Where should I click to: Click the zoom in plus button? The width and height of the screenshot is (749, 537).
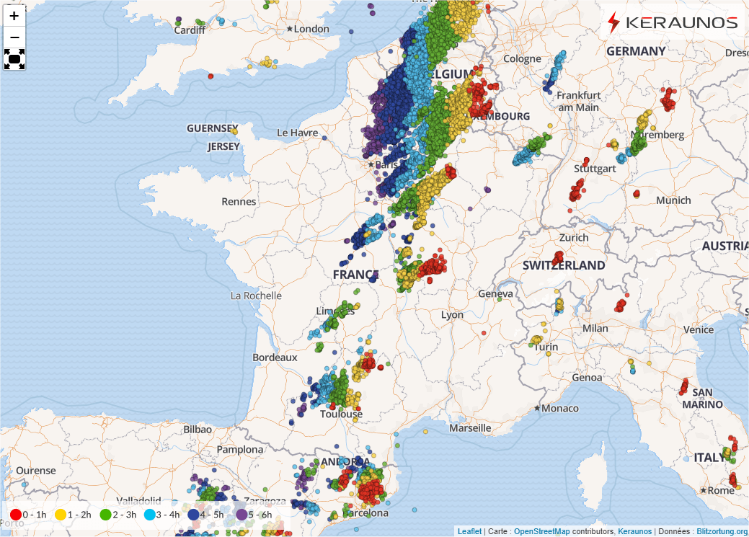(14, 16)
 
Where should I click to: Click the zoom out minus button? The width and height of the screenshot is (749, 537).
(14, 37)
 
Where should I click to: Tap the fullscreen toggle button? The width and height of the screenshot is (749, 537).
(14, 58)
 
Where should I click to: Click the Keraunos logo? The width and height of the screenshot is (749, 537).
(673, 22)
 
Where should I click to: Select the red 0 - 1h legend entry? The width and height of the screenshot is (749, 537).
(29, 515)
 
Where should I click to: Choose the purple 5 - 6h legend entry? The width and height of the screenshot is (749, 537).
(254, 515)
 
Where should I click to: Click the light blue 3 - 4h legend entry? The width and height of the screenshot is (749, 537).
(162, 515)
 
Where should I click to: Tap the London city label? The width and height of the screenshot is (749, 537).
(311, 29)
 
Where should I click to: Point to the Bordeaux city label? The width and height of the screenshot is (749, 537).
(275, 358)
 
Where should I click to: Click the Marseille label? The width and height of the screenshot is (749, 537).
(469, 428)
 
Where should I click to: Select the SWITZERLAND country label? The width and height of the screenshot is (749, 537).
(564, 265)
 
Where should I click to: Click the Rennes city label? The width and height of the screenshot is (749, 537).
(239, 201)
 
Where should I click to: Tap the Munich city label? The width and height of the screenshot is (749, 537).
(673, 200)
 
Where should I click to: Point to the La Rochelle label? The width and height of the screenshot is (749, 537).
(256, 296)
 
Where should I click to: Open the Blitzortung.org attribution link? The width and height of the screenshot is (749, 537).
(722, 531)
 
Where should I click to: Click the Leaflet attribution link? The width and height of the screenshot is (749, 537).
(469, 531)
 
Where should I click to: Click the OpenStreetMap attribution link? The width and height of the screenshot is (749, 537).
(541, 531)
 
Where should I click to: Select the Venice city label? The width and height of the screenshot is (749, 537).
(698, 329)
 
